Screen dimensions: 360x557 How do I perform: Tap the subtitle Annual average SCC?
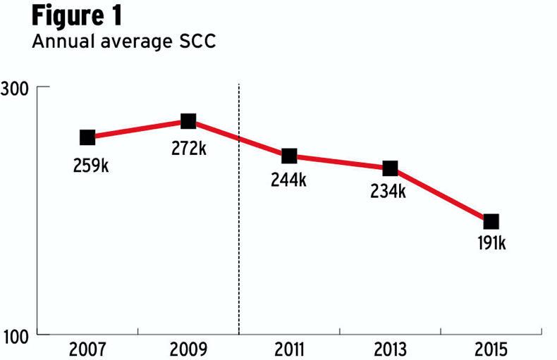(x=123, y=43)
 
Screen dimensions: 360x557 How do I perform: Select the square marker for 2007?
(x=87, y=137)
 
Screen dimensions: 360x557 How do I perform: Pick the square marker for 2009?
(x=188, y=121)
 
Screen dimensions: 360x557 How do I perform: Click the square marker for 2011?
(x=289, y=156)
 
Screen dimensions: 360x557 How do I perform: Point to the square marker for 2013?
(x=390, y=168)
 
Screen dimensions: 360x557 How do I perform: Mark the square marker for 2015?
(x=491, y=221)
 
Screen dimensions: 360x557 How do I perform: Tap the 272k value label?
(x=188, y=149)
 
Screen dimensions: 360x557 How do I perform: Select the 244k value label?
(x=289, y=180)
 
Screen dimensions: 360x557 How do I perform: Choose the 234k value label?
(x=388, y=191)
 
